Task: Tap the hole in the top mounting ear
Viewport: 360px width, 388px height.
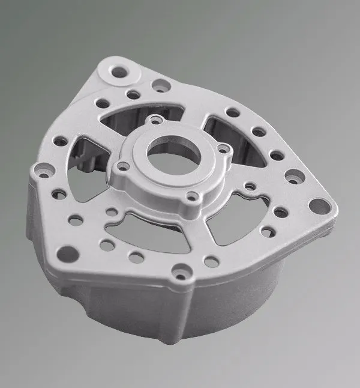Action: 119,71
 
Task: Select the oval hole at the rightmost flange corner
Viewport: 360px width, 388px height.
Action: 319,207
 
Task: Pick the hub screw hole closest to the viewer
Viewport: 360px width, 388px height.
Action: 191,196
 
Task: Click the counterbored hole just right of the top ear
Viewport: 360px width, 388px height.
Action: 160,85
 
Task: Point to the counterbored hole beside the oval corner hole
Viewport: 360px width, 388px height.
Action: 293,178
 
